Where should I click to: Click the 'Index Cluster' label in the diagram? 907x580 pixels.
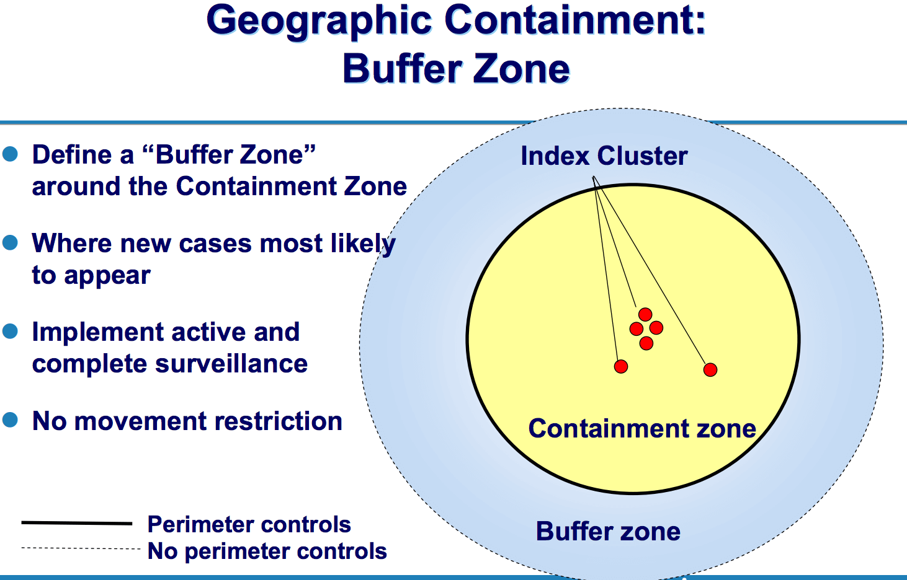pos(604,156)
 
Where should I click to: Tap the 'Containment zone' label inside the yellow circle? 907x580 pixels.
pos(642,429)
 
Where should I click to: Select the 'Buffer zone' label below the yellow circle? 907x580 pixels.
pos(608,532)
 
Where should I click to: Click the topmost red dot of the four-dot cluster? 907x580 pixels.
pos(645,315)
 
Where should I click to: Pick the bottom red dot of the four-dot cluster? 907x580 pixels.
pos(646,343)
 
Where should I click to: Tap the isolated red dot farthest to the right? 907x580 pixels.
pos(710,370)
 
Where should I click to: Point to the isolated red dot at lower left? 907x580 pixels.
pos(621,367)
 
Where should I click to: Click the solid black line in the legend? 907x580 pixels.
pos(77,524)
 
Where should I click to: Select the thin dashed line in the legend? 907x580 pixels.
pos(81,548)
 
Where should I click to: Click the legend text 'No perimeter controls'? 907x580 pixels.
pos(267,551)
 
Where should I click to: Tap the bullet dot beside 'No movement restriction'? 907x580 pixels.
pos(10,420)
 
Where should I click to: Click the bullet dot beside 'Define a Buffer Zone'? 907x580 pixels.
pos(10,154)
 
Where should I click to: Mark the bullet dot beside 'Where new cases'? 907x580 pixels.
pos(10,242)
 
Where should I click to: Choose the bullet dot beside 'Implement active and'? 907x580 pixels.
pos(10,331)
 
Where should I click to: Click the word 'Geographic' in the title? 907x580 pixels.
pos(319,21)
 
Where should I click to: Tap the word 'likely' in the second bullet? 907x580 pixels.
pos(363,244)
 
